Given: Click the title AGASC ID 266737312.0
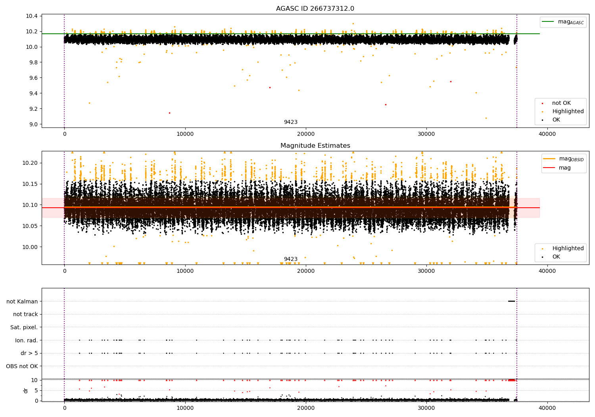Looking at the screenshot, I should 315,9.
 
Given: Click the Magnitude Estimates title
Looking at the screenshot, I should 315,146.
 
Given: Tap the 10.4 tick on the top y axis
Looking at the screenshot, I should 32,16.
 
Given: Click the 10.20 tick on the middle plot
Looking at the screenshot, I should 30,163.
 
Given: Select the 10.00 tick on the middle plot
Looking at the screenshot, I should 30,247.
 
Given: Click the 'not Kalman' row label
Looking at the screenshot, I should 22,301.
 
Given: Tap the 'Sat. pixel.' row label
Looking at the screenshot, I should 24,327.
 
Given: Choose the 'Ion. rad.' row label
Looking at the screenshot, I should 26,340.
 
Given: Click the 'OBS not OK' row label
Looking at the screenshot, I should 22,366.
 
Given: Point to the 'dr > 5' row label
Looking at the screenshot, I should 29,353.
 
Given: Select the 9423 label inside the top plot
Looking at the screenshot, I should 290,122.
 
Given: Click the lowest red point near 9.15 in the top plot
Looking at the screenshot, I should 169,113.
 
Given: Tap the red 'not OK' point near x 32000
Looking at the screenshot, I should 451,81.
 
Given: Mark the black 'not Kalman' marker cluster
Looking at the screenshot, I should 511,301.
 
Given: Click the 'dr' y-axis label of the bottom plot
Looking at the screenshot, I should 26,390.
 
